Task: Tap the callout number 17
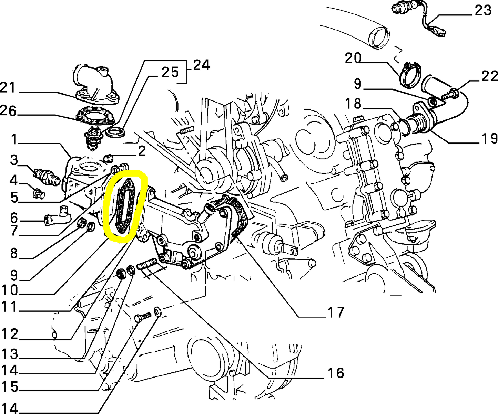335,312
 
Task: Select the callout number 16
335,373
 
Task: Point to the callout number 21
8,88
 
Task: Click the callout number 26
8,111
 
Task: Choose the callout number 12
9,334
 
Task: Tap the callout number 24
201,65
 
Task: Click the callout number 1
14,140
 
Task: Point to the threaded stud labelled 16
147,265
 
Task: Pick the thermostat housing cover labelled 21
95,84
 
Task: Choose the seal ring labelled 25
115,132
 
